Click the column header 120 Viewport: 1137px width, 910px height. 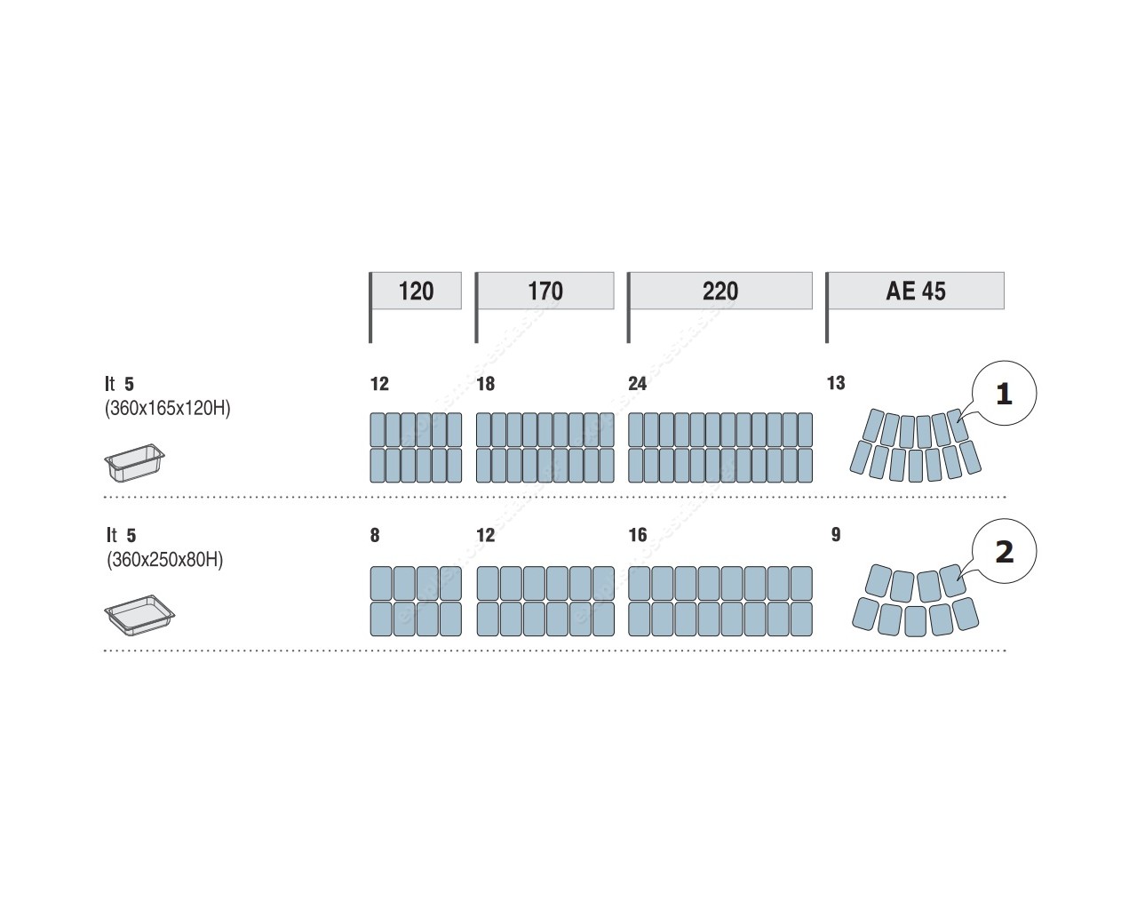pos(416,291)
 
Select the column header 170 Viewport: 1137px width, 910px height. pos(545,291)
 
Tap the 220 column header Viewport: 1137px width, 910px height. pos(720,291)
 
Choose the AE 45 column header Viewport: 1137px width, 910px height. pos(916,291)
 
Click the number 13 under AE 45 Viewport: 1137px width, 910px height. pos(836,383)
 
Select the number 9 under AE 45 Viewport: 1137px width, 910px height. pos(836,535)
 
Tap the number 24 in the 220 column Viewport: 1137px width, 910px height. pos(637,383)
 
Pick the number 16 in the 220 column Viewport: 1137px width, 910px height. pos(638,535)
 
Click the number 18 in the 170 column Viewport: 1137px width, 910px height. pos(486,383)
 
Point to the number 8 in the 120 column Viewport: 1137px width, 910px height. pos(375,535)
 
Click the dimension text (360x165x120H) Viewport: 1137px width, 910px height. pos(168,408)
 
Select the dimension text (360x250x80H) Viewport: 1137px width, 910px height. pos(165,560)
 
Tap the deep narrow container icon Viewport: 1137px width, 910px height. pos(134,463)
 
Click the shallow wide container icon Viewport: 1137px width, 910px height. pos(139,615)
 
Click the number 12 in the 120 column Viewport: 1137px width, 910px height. pos(379,383)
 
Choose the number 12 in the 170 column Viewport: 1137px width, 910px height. pos(486,535)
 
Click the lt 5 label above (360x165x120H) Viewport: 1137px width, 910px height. pos(119,383)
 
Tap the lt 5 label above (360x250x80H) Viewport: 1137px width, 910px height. pos(121,535)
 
